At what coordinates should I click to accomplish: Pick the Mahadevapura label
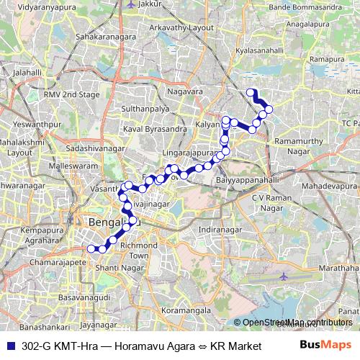[x=325, y=185]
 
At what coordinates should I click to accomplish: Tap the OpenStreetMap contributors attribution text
[x=296, y=323]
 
